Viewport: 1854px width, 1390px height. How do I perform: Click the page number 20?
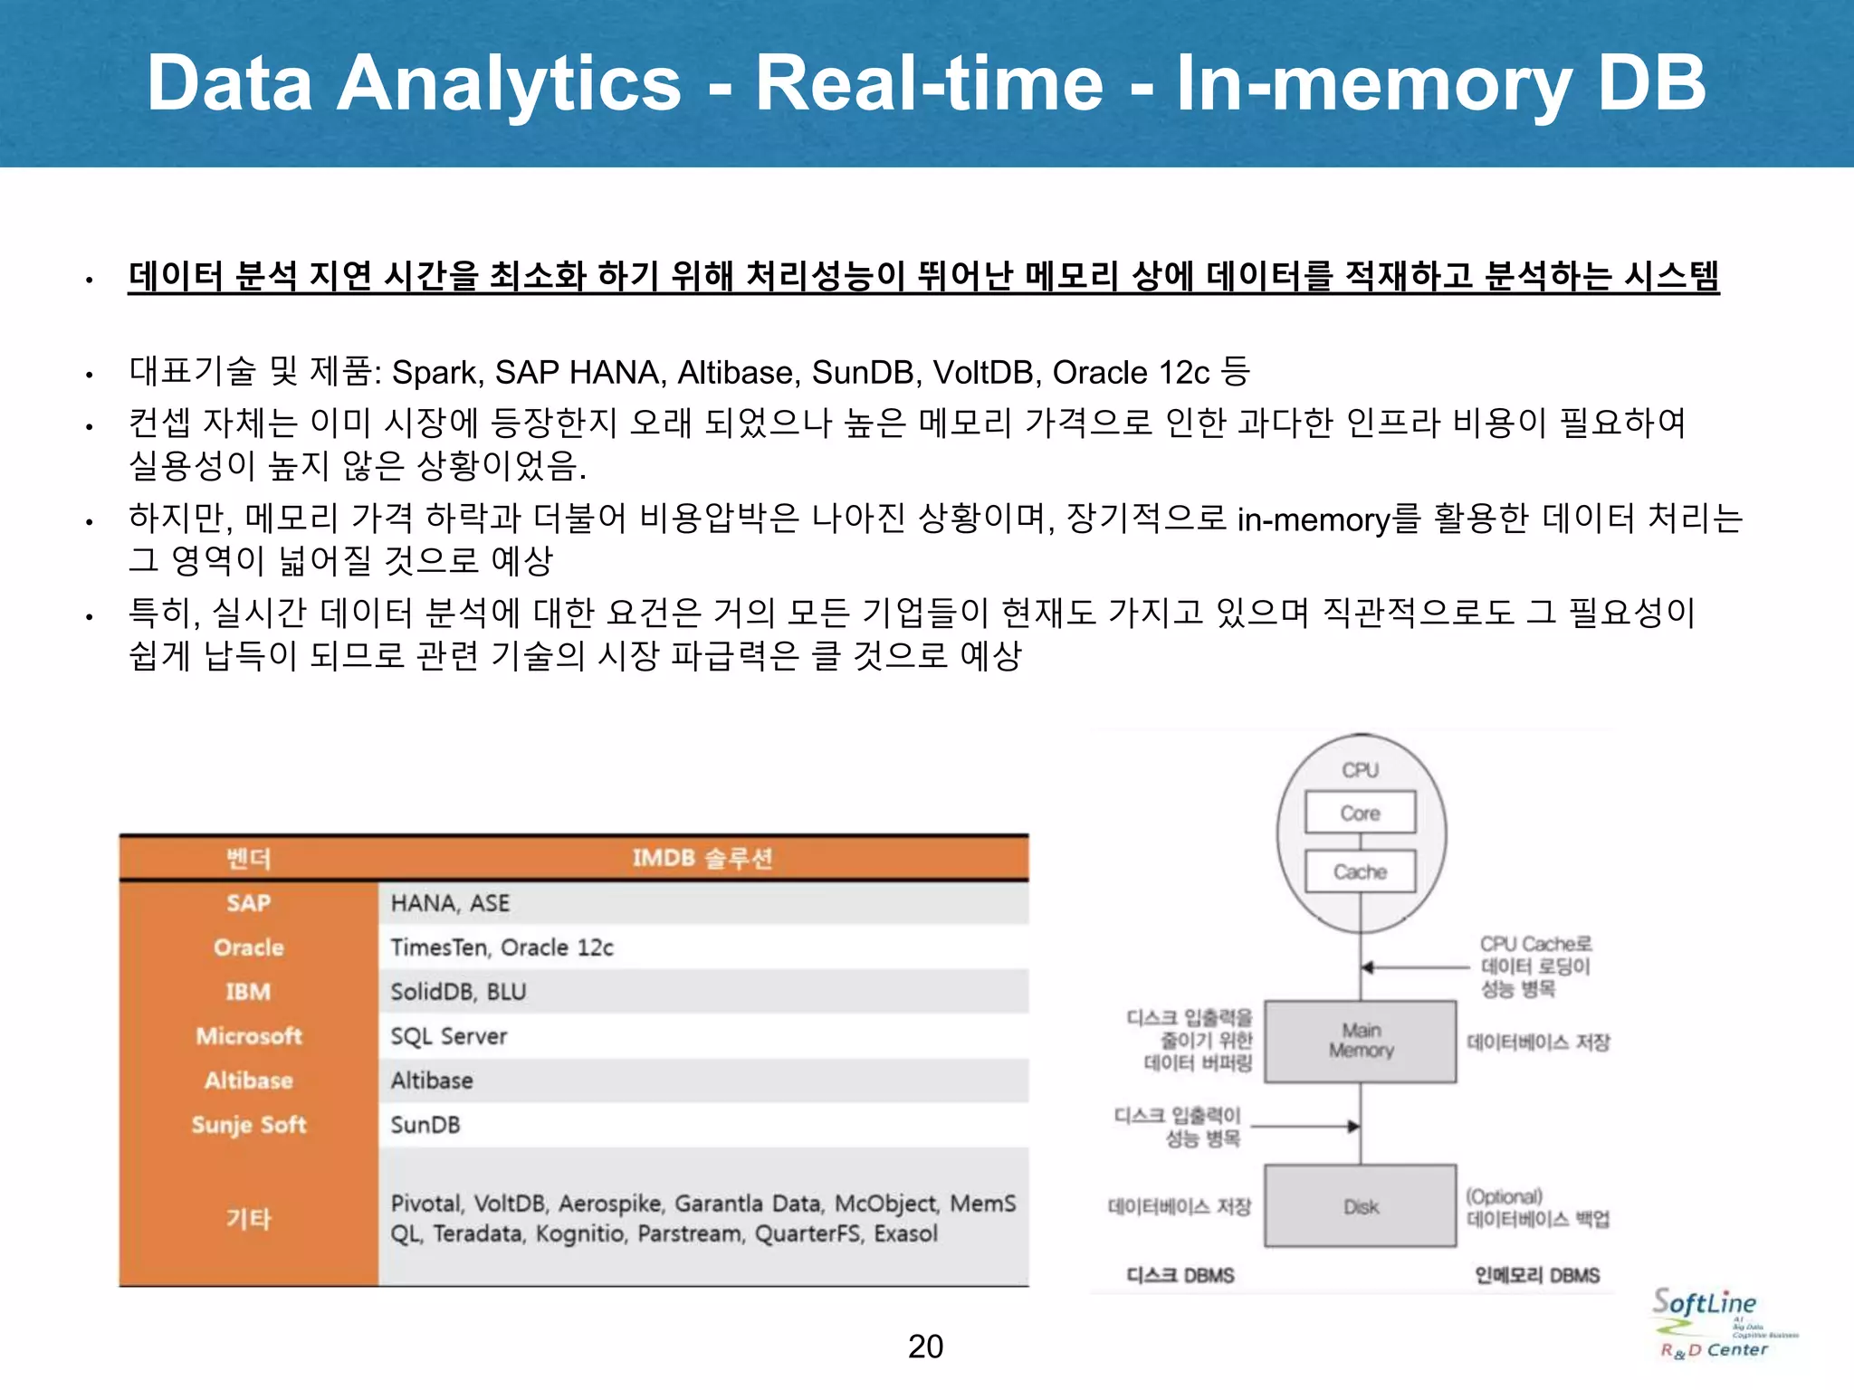[925, 1347]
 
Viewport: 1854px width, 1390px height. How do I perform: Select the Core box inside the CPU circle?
[1360, 813]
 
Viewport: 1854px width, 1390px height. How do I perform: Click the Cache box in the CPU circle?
[1360, 871]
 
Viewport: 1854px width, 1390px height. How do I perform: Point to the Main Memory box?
[1360, 1041]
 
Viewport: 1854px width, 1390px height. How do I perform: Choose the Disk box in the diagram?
[1360, 1206]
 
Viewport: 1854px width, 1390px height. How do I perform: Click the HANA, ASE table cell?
[450, 903]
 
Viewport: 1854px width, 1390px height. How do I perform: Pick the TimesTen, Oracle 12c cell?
[502, 947]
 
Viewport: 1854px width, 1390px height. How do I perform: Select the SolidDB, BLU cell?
[458, 992]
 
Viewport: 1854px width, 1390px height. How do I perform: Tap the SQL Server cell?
[448, 1036]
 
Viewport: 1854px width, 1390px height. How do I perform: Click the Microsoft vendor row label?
[249, 1036]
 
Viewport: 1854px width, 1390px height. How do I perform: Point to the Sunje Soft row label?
[249, 1125]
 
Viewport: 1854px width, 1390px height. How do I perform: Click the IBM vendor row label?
[249, 992]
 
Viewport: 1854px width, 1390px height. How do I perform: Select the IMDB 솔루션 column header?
[702, 858]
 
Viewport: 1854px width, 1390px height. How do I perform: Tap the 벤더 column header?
[249, 858]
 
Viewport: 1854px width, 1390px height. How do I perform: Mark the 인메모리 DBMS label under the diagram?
[1536, 1275]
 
